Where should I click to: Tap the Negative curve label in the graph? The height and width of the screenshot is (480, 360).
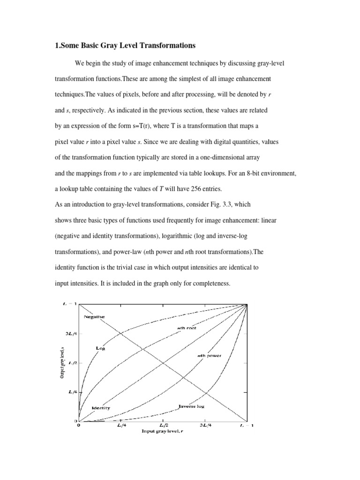coord(94,316)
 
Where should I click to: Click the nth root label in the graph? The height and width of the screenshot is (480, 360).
coord(186,329)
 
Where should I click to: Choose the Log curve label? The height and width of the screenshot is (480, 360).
coord(101,349)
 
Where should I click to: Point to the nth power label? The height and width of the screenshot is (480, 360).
coord(209,356)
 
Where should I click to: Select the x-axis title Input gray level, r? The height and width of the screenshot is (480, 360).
coord(163,431)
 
